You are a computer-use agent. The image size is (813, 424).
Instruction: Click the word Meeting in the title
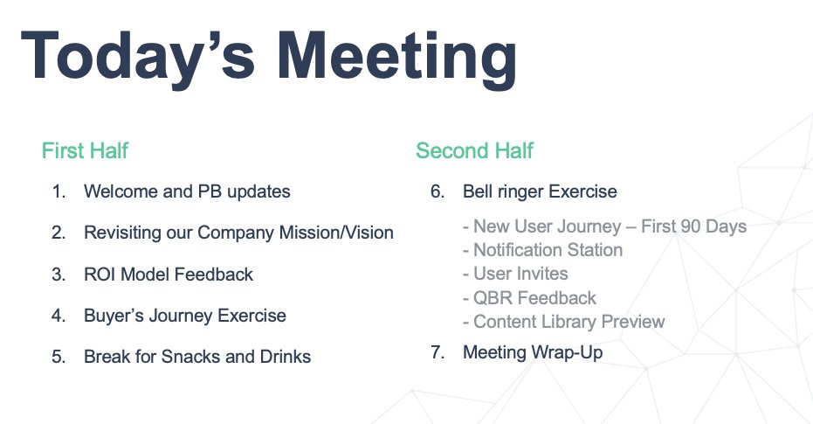pyautogui.click(x=396, y=57)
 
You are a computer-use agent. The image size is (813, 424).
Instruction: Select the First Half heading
pyautogui.click(x=85, y=150)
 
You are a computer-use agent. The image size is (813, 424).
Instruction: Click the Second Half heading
pyautogui.click(x=474, y=150)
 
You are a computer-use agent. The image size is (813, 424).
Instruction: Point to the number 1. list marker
pyautogui.click(x=59, y=191)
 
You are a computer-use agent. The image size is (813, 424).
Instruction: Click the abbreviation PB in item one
pyautogui.click(x=210, y=191)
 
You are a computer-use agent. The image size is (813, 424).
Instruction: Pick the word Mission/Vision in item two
pyautogui.click(x=336, y=233)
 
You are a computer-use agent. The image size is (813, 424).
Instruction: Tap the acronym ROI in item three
pyautogui.click(x=100, y=274)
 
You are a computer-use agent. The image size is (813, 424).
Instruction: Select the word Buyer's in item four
pyautogui.click(x=114, y=316)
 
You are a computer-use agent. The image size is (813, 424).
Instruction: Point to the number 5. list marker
pyautogui.click(x=59, y=357)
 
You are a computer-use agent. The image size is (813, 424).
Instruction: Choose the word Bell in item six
pyautogui.click(x=475, y=191)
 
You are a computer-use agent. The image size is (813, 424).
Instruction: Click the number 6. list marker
pyautogui.click(x=438, y=191)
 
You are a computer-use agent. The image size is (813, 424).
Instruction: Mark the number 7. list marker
pyautogui.click(x=438, y=352)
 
